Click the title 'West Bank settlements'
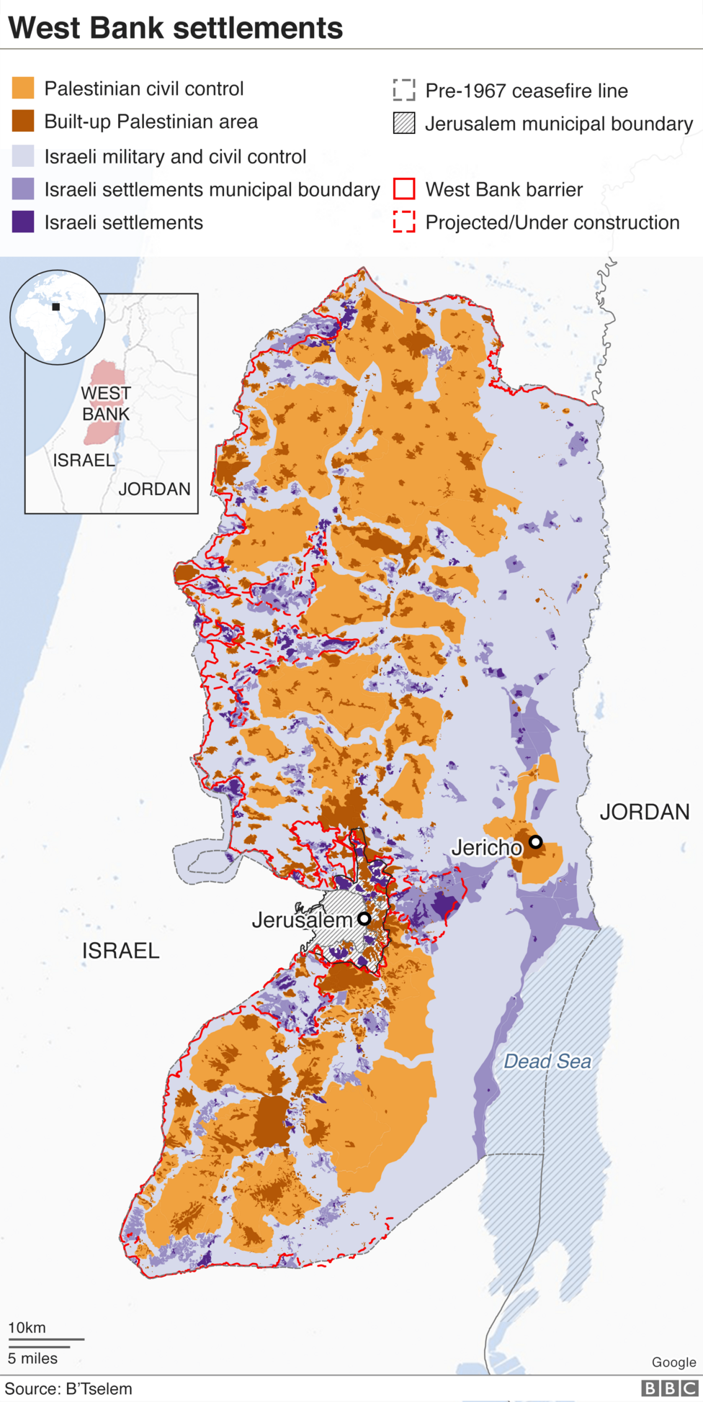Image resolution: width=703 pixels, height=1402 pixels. [175, 27]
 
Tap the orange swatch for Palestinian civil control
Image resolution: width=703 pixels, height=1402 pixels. [23, 89]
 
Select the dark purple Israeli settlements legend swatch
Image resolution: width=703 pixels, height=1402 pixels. [23, 222]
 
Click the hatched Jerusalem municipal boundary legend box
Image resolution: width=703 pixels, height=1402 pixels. [404, 124]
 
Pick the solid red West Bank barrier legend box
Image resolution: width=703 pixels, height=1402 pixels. [404, 189]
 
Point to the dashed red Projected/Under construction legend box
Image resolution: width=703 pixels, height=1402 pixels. [404, 222]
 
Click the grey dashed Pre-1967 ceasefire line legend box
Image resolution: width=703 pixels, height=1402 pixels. [404, 90]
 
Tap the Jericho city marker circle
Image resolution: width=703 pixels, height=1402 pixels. [535, 841]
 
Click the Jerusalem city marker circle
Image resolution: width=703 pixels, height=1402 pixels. [364, 918]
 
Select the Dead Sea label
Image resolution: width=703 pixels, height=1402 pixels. [547, 1061]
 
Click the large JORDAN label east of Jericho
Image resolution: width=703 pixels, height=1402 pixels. [645, 812]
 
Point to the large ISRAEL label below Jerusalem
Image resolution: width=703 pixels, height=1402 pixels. [120, 951]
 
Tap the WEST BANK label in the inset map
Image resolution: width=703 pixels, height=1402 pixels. [106, 403]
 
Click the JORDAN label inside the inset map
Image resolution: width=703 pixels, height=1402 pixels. [154, 489]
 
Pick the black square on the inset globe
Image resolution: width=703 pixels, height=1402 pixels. [55, 307]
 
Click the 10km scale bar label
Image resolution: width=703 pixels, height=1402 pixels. [27, 1327]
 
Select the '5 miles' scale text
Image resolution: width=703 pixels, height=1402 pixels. [32, 1358]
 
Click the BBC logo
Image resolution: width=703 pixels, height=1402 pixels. [669, 1388]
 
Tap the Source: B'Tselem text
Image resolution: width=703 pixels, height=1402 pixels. [68, 1388]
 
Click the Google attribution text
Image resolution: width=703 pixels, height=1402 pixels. [673, 1362]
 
